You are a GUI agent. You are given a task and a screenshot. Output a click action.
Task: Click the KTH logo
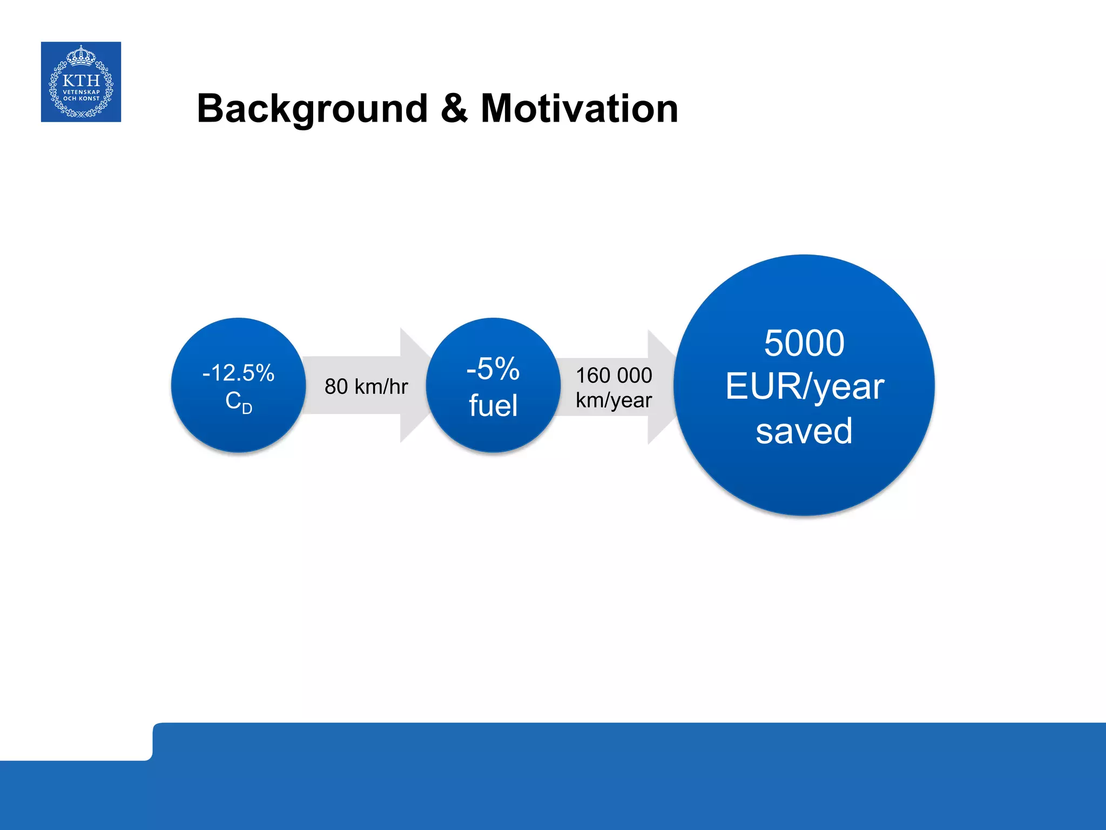pos(81,82)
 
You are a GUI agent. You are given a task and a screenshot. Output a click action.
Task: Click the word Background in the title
pos(313,109)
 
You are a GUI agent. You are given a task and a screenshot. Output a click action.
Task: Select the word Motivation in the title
pos(579,109)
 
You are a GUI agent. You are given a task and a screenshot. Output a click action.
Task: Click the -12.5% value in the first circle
pos(238,373)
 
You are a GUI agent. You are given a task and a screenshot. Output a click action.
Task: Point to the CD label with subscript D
pos(238,402)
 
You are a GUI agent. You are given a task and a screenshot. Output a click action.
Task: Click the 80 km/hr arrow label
pos(366,386)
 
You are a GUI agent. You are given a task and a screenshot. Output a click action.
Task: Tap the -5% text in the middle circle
pos(493,369)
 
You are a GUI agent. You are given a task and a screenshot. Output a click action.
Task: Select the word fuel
pos(493,405)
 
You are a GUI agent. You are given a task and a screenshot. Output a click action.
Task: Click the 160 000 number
pos(613,375)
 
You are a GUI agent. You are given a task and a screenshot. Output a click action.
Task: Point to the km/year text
pos(613,400)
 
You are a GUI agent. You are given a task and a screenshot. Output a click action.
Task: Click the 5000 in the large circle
pos(804,343)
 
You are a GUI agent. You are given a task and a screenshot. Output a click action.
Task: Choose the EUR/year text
pos(804,387)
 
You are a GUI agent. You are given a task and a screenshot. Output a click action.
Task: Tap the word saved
pos(804,431)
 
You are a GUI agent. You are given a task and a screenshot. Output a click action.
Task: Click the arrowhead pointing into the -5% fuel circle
pos(413,385)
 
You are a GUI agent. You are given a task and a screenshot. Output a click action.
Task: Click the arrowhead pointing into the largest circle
pos(660,386)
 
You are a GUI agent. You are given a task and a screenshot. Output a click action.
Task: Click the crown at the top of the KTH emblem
pos(81,55)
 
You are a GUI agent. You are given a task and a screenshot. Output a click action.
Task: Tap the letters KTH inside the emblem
pos(81,81)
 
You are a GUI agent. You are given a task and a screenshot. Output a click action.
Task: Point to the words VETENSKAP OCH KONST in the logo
pos(81,95)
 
